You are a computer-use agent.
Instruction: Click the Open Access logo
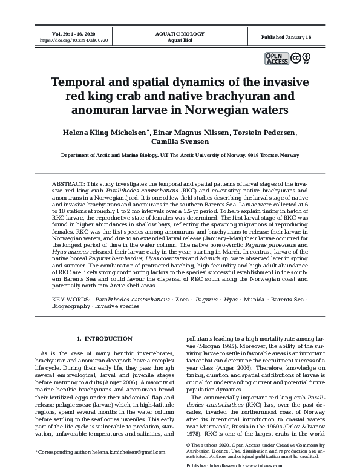click(x=277, y=58)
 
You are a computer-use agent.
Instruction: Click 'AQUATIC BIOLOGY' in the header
click(x=180, y=34)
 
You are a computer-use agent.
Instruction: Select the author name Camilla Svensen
click(x=180, y=142)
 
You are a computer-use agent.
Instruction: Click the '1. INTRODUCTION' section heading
click(x=105, y=338)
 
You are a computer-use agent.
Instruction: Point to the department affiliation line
click(x=180, y=156)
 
